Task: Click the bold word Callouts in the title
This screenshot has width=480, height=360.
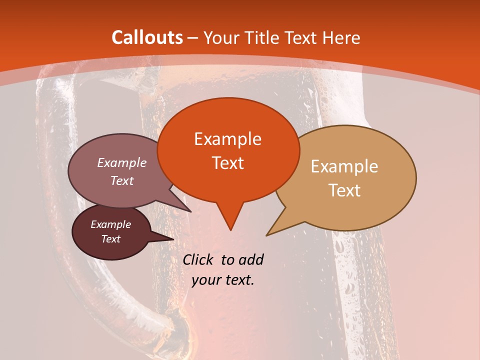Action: coord(147,38)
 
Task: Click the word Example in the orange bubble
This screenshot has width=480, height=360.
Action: coord(227,139)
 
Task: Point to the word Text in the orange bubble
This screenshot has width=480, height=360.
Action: coord(227,163)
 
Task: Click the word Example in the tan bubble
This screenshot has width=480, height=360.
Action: coord(344,166)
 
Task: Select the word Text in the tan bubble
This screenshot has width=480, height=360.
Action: coord(344,190)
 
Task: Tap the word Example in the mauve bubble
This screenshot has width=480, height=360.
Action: coord(122,163)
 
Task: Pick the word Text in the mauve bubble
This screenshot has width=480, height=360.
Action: coord(122,180)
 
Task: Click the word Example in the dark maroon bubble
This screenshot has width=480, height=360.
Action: coord(110,224)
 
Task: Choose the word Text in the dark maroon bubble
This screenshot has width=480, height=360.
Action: coord(110,239)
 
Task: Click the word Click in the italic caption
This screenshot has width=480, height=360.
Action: coord(199,259)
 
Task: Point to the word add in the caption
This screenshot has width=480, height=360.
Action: coord(251,259)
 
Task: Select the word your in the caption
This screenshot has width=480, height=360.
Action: coord(206,280)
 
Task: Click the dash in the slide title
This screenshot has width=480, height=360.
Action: coord(193,38)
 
